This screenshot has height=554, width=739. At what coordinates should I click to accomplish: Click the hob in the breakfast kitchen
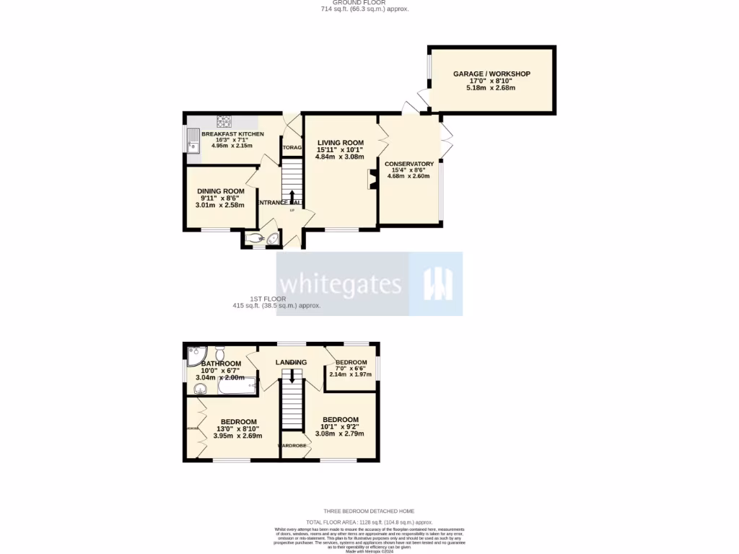[x=224, y=121]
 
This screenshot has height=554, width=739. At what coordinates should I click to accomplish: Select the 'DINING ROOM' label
[x=222, y=191]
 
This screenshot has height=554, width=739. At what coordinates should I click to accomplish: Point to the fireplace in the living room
[x=372, y=180]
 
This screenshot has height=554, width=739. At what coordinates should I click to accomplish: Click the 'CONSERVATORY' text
[x=408, y=164]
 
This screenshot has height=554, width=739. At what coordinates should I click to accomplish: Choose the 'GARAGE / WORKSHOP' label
[x=491, y=74]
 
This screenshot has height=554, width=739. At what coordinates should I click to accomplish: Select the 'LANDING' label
[x=291, y=362]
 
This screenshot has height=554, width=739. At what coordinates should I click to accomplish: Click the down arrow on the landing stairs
[x=292, y=376]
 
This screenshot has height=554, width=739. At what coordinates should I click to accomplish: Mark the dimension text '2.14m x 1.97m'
[x=350, y=374]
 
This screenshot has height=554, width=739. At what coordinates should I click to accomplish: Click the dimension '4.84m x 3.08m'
[x=339, y=157]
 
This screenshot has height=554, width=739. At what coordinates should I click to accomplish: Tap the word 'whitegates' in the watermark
[x=341, y=283]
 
